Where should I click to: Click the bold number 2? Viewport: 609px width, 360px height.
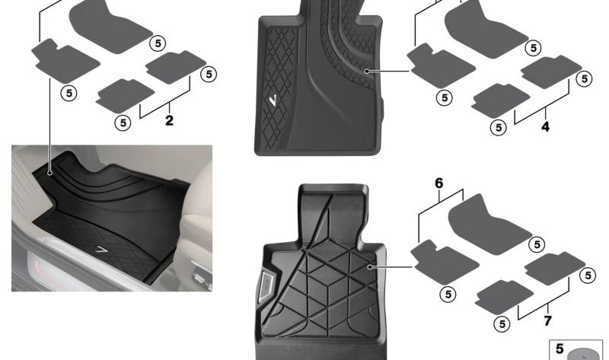click(169, 120)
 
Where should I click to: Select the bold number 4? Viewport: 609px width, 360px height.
click(545, 126)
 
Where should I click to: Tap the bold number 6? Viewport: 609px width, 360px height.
click(439, 183)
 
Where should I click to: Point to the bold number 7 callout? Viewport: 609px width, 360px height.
click(547, 320)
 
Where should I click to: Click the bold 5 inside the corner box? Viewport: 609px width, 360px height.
click(560, 349)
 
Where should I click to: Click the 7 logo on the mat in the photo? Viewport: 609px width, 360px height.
click(102, 250)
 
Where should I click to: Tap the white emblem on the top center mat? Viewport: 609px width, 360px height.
click(274, 100)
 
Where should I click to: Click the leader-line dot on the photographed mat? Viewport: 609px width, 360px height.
click(50, 173)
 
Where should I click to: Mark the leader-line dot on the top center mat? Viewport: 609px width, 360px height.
click(367, 71)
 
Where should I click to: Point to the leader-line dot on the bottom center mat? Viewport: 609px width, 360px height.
click(370, 267)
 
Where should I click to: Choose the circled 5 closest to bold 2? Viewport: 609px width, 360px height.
click(123, 123)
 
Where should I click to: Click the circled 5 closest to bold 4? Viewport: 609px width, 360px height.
click(499, 127)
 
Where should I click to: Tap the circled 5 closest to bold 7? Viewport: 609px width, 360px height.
click(502, 324)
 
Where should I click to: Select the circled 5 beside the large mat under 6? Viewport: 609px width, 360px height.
click(537, 244)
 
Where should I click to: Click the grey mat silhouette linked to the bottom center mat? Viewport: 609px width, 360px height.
click(445, 262)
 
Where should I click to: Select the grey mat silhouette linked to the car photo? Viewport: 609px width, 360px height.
click(65, 61)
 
